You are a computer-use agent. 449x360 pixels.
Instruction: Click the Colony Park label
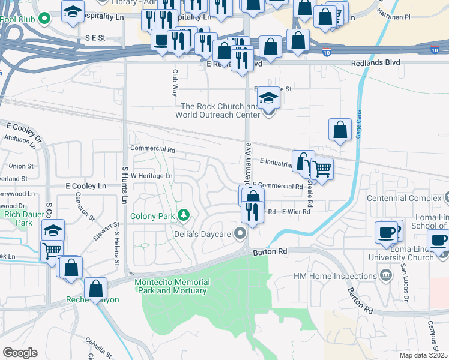tap(153, 216)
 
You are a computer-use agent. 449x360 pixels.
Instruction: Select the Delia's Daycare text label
tap(203, 233)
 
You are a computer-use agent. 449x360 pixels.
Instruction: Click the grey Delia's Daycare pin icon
tap(241, 233)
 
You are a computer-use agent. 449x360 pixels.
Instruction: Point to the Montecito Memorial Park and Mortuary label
tap(172, 287)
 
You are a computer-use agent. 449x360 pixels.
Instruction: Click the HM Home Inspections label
tap(335, 276)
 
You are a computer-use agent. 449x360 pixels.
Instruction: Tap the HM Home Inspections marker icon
tap(386, 276)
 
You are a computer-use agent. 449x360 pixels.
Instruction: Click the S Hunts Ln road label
tap(125, 184)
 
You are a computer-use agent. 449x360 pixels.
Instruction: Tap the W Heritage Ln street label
tap(152, 176)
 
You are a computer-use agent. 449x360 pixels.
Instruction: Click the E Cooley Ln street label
tap(86, 187)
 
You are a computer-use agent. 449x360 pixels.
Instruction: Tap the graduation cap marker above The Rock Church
tap(268, 98)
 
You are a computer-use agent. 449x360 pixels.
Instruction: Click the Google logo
tap(20, 353)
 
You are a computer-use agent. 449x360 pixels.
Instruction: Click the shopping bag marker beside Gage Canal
tap(340, 130)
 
